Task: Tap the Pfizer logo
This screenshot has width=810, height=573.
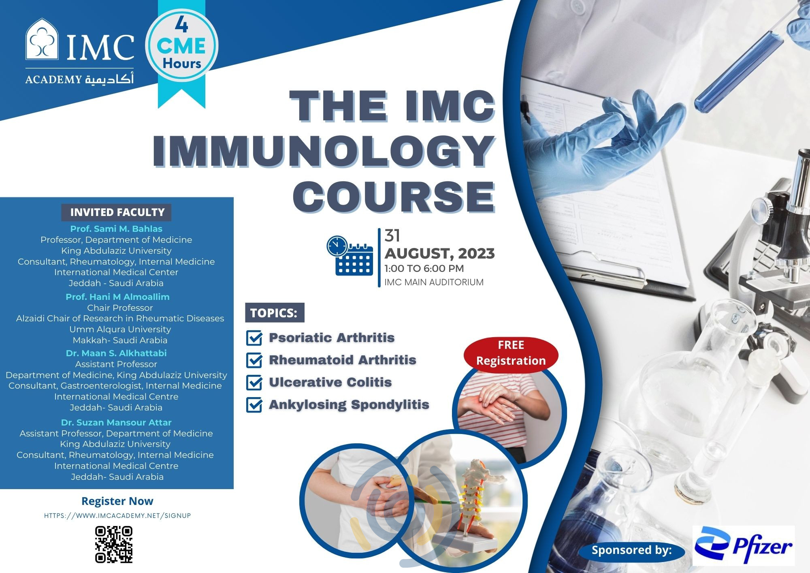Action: pyautogui.click(x=744, y=545)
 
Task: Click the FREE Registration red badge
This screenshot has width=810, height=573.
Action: pyautogui.click(x=511, y=353)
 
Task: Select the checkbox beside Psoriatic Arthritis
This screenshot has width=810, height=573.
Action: pyautogui.click(x=254, y=338)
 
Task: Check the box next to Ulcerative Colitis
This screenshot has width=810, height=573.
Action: pyautogui.click(x=254, y=382)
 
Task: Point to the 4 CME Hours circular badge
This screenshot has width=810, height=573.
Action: pyautogui.click(x=182, y=46)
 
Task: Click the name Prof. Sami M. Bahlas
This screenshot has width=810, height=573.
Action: pyautogui.click(x=116, y=229)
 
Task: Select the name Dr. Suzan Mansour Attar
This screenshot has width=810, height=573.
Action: pyautogui.click(x=116, y=422)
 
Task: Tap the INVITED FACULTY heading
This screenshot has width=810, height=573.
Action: pyautogui.click(x=117, y=212)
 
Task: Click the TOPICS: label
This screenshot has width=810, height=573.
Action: pyautogui.click(x=274, y=313)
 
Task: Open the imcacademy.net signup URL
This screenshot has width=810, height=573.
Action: pyautogui.click(x=117, y=516)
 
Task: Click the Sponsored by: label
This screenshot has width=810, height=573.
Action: pyautogui.click(x=631, y=550)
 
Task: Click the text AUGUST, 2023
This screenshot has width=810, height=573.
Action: pyautogui.click(x=439, y=254)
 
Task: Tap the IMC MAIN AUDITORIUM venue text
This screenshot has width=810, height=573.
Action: pyautogui.click(x=434, y=282)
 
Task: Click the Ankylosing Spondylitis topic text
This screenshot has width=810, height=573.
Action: pyautogui.click(x=349, y=404)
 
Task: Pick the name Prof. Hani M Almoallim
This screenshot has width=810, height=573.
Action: pyautogui.click(x=117, y=297)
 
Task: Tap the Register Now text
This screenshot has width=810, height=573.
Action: pyautogui.click(x=117, y=501)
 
